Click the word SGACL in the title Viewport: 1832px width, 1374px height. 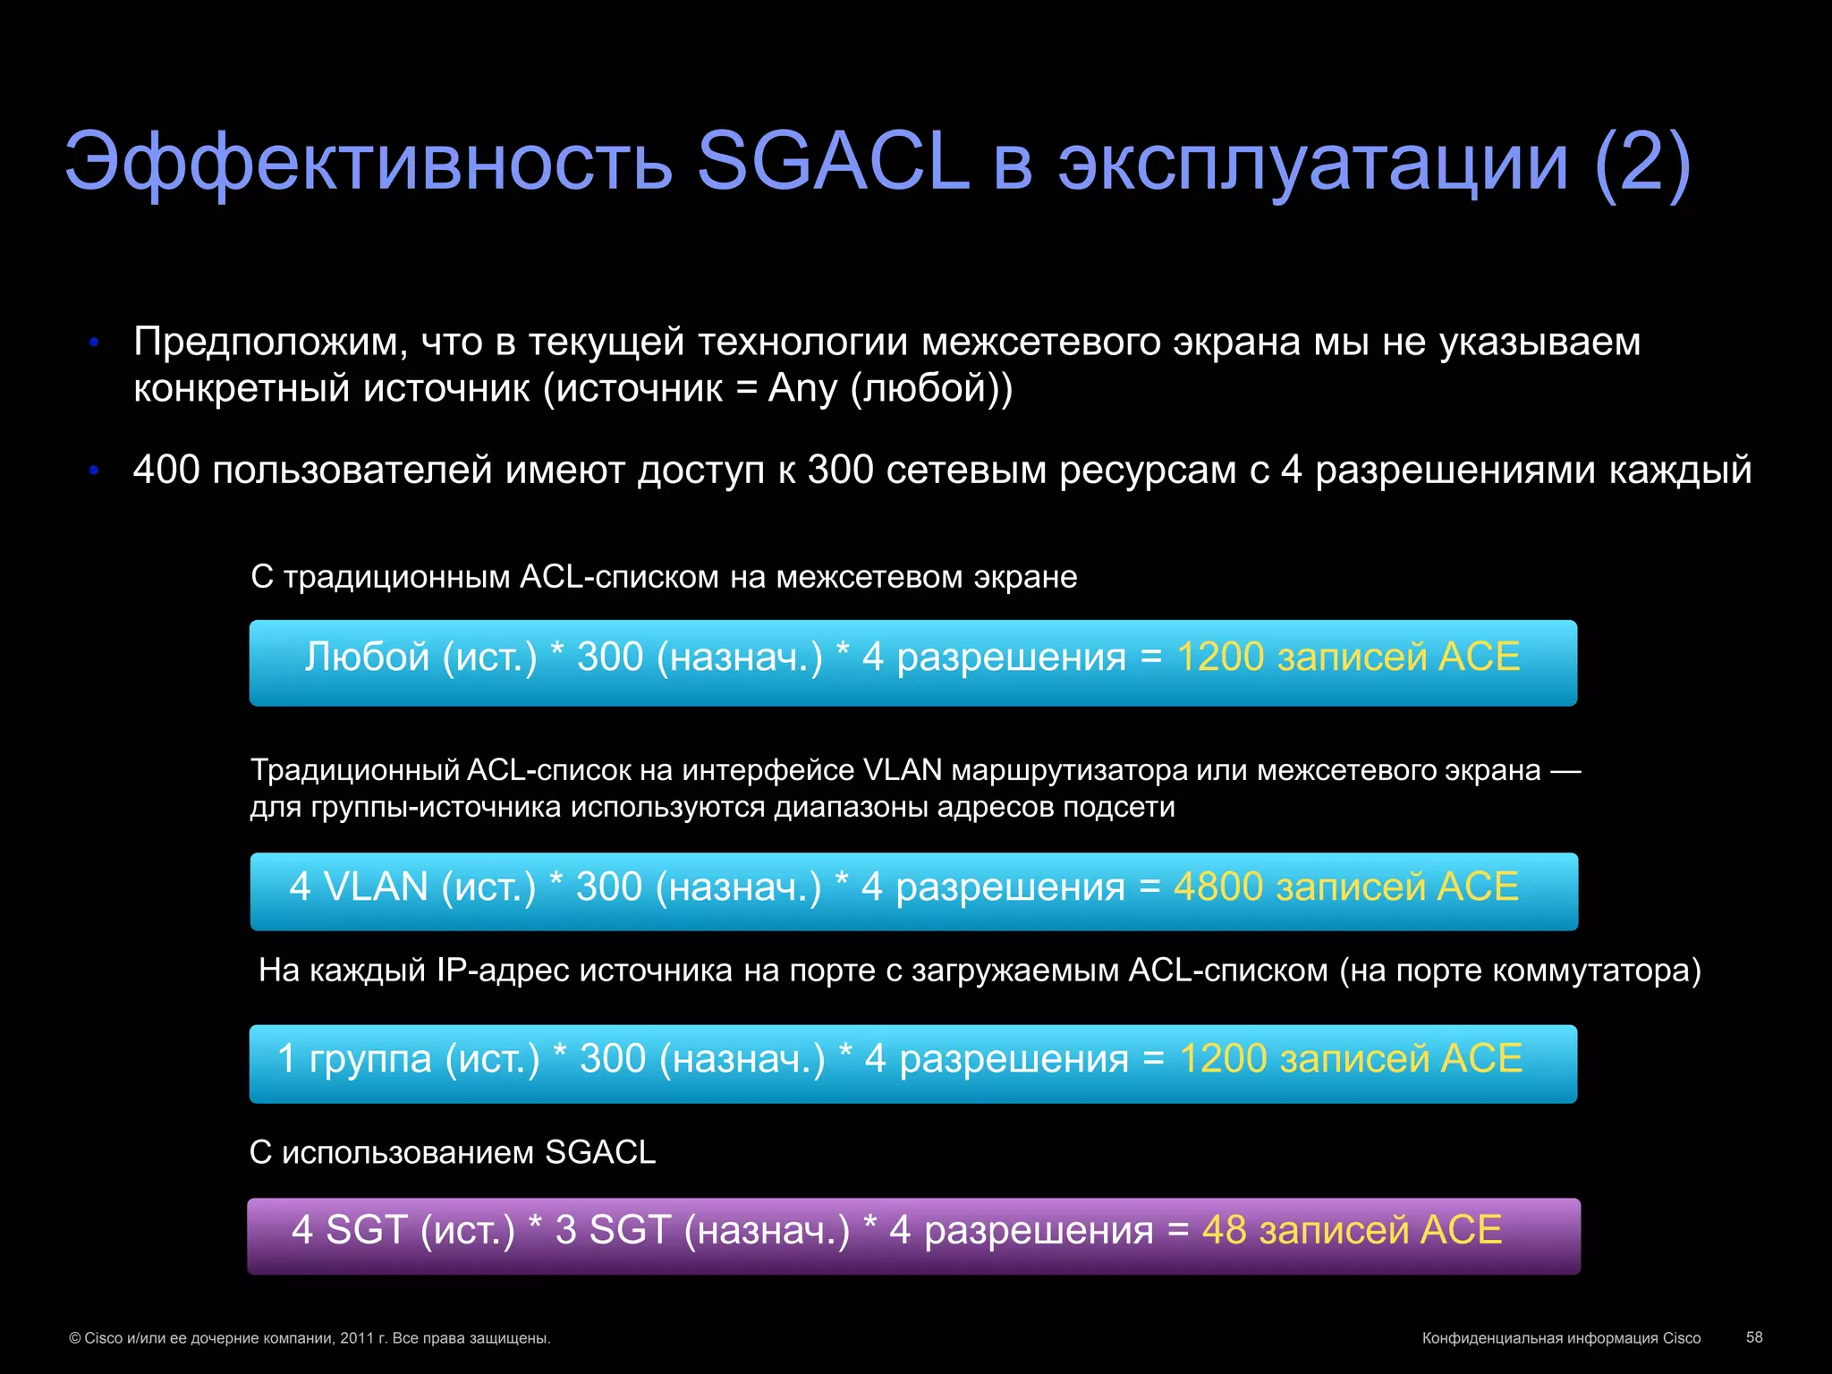click(833, 162)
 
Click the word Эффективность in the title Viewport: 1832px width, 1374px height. click(368, 164)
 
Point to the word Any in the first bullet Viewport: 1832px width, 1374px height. click(802, 389)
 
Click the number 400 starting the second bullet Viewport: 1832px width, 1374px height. click(166, 470)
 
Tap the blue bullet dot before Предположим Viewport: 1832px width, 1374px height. click(94, 343)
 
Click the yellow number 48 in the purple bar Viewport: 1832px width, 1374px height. click(1224, 1230)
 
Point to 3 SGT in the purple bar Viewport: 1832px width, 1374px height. click(613, 1230)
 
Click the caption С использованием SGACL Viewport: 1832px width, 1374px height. click(452, 1152)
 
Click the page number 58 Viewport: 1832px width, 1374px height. click(1754, 1337)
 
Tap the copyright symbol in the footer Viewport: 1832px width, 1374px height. click(75, 1339)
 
